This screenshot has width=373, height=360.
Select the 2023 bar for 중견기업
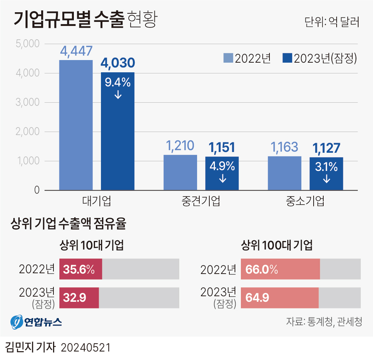(222, 173)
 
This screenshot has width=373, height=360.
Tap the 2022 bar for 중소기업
(285, 173)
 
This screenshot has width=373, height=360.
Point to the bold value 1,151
(222, 148)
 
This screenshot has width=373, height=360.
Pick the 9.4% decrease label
(118, 82)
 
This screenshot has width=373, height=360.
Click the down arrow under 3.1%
(327, 179)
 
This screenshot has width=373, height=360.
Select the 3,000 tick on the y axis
(28, 102)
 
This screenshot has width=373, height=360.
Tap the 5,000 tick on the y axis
(28, 44)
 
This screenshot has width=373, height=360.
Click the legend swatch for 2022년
(228, 58)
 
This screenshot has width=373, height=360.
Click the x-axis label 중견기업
(201, 202)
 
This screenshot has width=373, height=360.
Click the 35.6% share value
(79, 269)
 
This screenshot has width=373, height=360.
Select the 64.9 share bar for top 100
(279, 298)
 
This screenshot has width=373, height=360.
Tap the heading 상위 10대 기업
(92, 245)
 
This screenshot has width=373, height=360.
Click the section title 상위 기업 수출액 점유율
(69, 224)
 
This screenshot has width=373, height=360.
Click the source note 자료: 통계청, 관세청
(324, 321)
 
